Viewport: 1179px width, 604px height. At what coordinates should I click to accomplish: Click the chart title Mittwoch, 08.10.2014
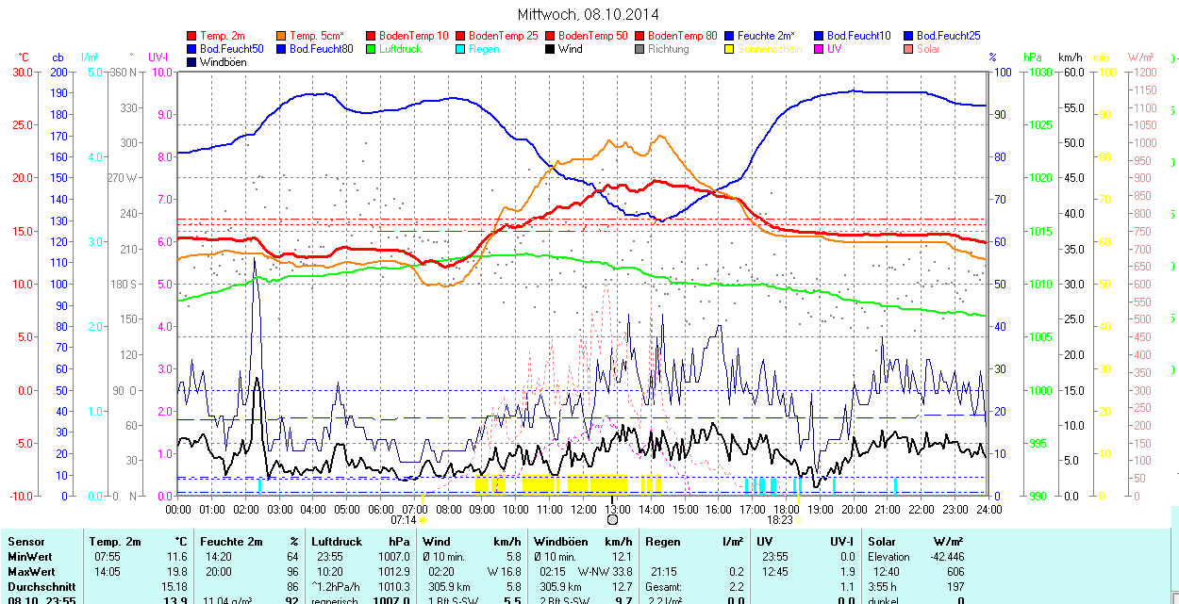(589, 14)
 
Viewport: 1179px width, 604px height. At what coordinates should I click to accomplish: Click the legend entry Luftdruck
(399, 48)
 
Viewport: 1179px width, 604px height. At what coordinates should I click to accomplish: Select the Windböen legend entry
(223, 61)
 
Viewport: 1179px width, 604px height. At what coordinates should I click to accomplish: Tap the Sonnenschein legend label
(770, 48)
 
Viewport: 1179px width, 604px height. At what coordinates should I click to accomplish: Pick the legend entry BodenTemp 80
(683, 36)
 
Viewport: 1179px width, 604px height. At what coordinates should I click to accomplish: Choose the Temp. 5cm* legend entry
(316, 36)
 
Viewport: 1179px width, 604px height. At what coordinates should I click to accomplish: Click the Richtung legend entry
(668, 48)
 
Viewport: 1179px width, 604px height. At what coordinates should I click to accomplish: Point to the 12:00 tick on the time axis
(584, 509)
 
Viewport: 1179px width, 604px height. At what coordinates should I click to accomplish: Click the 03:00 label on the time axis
(280, 509)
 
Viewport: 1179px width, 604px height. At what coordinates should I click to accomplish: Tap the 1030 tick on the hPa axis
(1040, 72)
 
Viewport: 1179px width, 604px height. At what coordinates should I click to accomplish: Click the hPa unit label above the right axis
(1033, 57)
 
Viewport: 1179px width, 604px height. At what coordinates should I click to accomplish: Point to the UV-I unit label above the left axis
(158, 57)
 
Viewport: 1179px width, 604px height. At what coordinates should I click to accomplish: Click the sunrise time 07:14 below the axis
(403, 519)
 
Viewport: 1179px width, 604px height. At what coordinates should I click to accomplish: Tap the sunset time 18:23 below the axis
(779, 519)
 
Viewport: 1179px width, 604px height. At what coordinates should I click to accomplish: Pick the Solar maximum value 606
(955, 572)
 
